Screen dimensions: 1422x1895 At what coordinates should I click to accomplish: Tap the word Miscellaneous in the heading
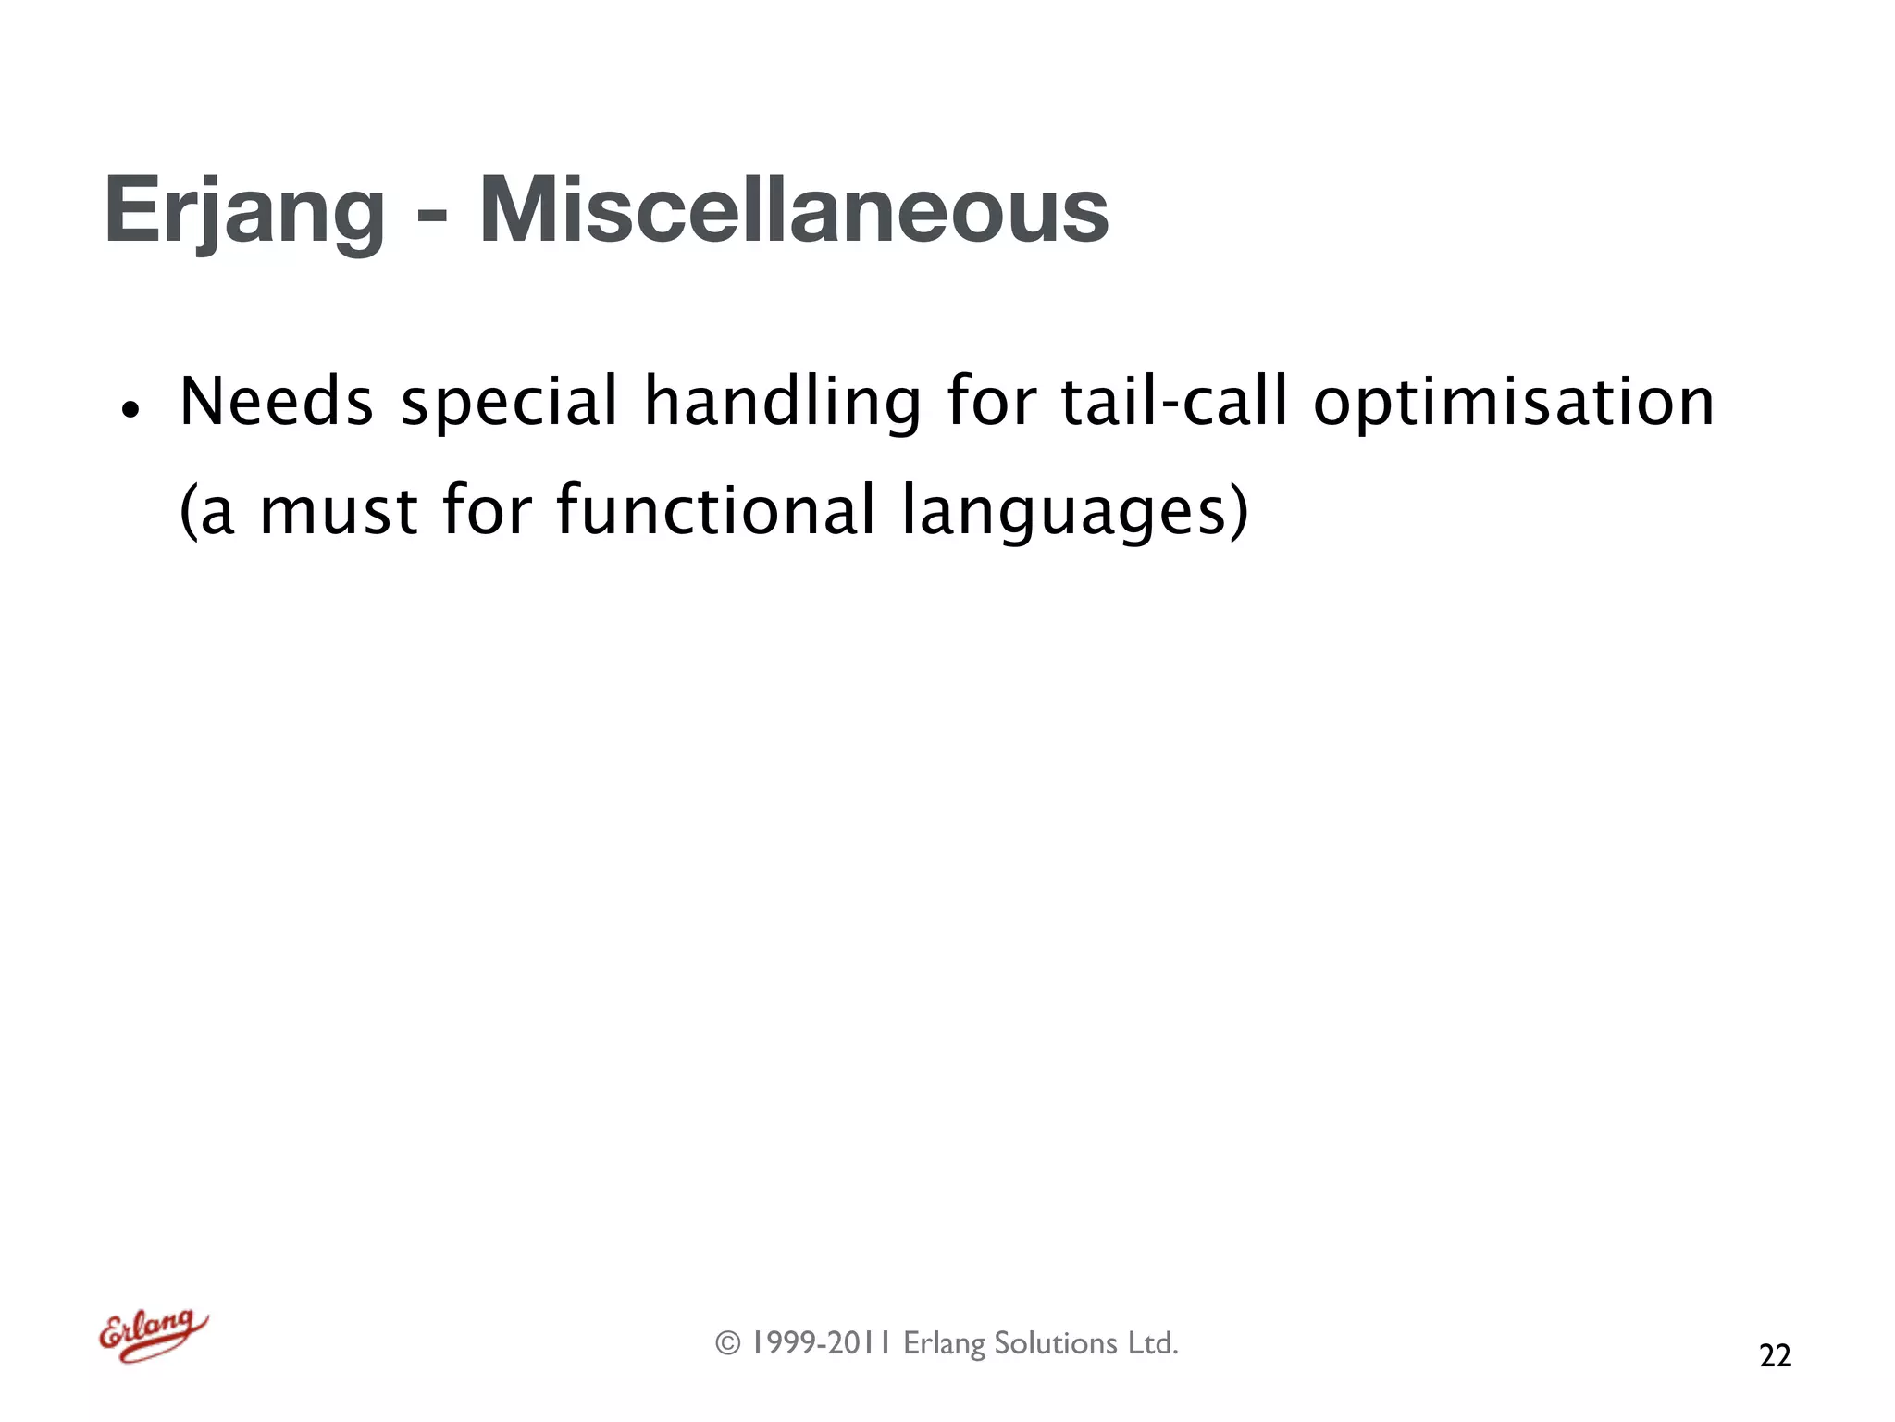pyautogui.click(x=793, y=211)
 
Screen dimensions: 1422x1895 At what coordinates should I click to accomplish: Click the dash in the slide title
pyautogui.click(x=431, y=218)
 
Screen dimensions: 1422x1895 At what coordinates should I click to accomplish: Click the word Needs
pyautogui.click(x=276, y=402)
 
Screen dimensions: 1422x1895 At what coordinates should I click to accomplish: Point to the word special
pyautogui.click(x=509, y=402)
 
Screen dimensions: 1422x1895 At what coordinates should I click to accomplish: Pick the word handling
pyautogui.click(x=782, y=402)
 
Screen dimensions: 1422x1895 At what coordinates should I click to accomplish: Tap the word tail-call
pyautogui.click(x=1173, y=402)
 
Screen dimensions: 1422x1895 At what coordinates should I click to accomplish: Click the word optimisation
pyautogui.click(x=1514, y=402)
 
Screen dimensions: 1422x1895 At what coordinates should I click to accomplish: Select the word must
pyautogui.click(x=339, y=511)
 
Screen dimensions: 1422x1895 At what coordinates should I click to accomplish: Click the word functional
pyautogui.click(x=714, y=511)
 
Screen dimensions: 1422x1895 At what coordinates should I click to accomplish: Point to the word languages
pyautogui.click(x=1064, y=511)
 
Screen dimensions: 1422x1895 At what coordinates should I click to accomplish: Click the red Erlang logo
pyautogui.click(x=153, y=1335)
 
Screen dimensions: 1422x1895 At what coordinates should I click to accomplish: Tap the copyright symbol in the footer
pyautogui.click(x=728, y=1343)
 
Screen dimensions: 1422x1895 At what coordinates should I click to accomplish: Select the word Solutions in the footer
pyautogui.click(x=1055, y=1343)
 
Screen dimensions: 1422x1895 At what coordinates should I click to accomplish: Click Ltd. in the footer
pyautogui.click(x=1152, y=1343)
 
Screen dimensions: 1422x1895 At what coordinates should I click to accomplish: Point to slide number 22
pyautogui.click(x=1775, y=1355)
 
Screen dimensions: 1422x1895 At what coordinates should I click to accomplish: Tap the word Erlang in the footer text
pyautogui.click(x=943, y=1343)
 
